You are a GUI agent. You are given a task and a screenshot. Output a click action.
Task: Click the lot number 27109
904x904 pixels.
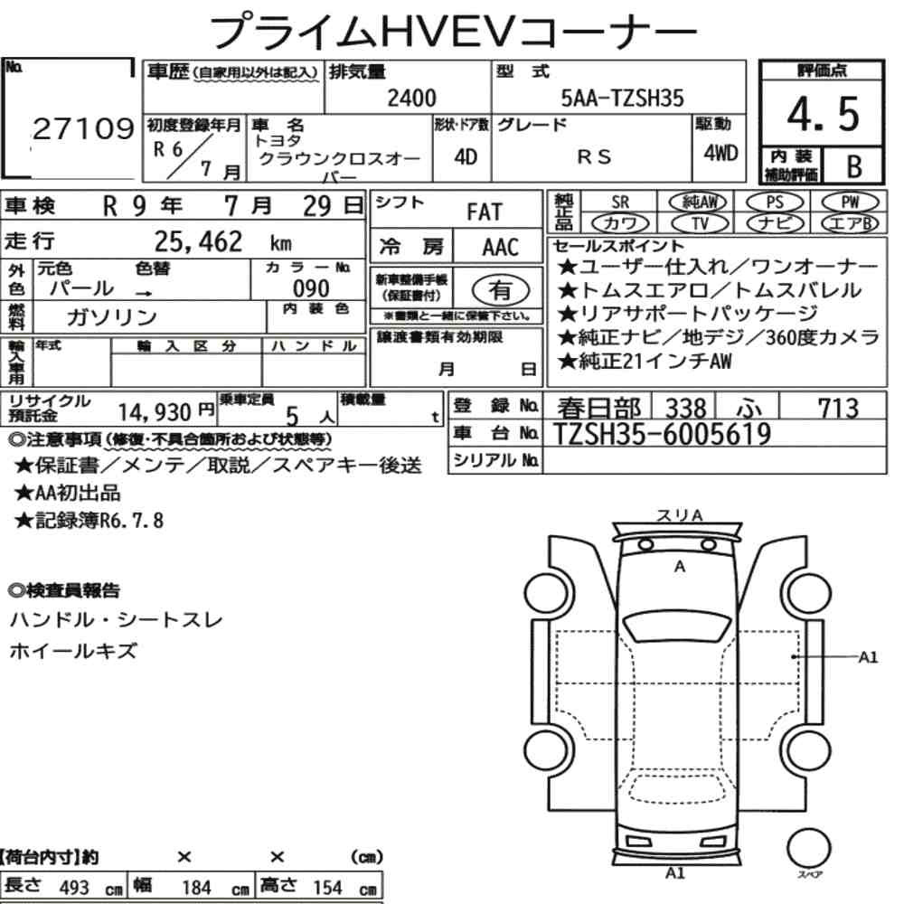click(x=83, y=128)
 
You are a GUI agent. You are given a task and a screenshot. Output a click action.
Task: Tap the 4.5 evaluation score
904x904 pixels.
click(x=823, y=114)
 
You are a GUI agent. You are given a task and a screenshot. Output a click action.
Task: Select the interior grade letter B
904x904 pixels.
click(x=854, y=166)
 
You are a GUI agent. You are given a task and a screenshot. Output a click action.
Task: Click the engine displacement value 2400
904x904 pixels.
click(x=411, y=98)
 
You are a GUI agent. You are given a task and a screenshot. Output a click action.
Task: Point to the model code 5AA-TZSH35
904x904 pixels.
click(x=622, y=98)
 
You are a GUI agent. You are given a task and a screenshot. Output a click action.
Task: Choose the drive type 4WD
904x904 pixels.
click(x=720, y=153)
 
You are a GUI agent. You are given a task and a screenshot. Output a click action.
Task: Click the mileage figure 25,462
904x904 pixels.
click(x=198, y=241)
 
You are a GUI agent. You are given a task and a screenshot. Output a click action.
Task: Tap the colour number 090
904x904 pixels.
click(x=311, y=288)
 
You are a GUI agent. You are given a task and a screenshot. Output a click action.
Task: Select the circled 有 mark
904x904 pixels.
click(x=501, y=289)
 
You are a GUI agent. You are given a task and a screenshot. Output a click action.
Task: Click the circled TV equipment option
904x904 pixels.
click(x=700, y=223)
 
